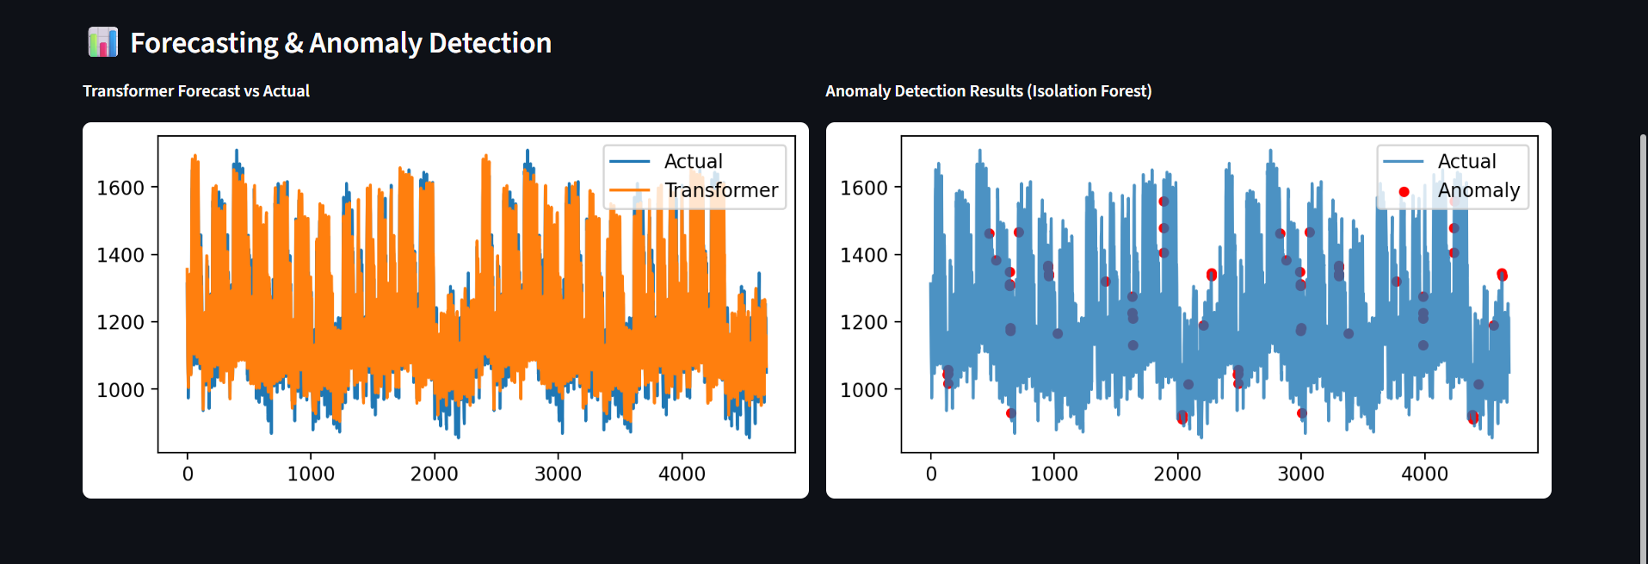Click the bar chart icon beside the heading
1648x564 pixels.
(102, 42)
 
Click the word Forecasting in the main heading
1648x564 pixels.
(204, 43)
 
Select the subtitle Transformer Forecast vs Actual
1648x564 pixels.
(196, 91)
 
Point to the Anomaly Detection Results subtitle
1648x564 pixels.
(988, 91)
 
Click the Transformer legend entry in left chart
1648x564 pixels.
(720, 190)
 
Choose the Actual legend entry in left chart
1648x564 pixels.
(693, 161)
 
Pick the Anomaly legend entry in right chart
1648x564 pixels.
(1478, 190)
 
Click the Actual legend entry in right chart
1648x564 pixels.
(1466, 161)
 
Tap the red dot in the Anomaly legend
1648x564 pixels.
(1404, 191)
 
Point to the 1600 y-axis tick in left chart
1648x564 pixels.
(120, 188)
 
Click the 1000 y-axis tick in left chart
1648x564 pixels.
(120, 390)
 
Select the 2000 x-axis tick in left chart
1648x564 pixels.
(434, 474)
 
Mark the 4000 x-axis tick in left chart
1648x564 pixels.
(682, 474)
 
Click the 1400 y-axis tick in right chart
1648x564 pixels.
(863, 255)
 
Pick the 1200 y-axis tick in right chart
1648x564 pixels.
(863, 322)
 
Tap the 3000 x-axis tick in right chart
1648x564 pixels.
(1300, 474)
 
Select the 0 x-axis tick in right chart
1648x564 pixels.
(930, 474)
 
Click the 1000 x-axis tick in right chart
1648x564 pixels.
(1053, 474)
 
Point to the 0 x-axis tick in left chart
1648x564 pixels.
(188, 474)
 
